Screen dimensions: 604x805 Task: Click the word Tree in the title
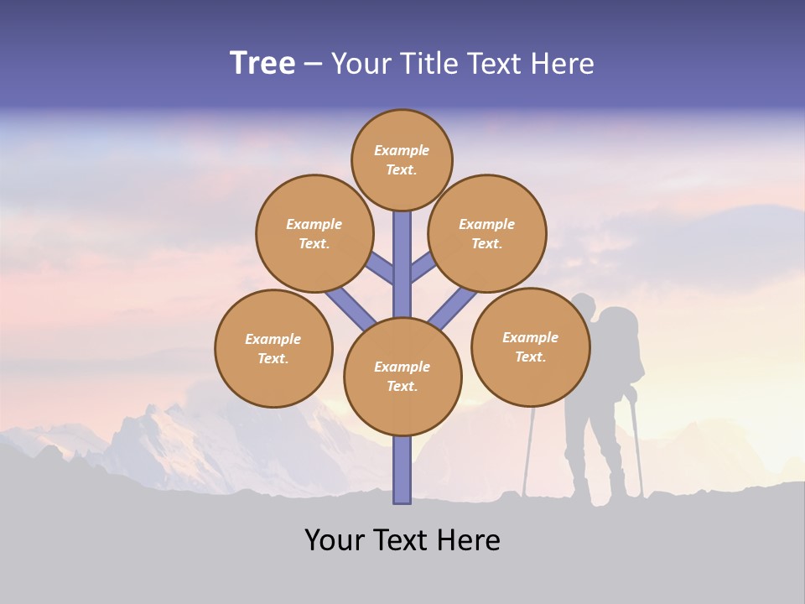coord(262,64)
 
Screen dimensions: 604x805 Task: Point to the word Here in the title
coord(562,64)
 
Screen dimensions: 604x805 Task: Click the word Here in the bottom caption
coord(469,540)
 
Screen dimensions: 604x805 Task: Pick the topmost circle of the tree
coord(402,159)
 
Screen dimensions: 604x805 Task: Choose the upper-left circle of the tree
coord(314,233)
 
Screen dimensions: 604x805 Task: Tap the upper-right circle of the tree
coord(486,233)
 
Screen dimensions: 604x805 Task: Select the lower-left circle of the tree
coord(273,348)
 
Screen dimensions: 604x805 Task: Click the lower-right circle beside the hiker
coord(530,346)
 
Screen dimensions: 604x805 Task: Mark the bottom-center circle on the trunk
coord(402,377)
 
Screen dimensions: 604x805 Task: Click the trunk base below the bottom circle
coord(402,470)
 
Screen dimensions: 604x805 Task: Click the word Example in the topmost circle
coord(402,150)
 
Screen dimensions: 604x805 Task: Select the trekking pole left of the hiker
coord(529,453)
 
